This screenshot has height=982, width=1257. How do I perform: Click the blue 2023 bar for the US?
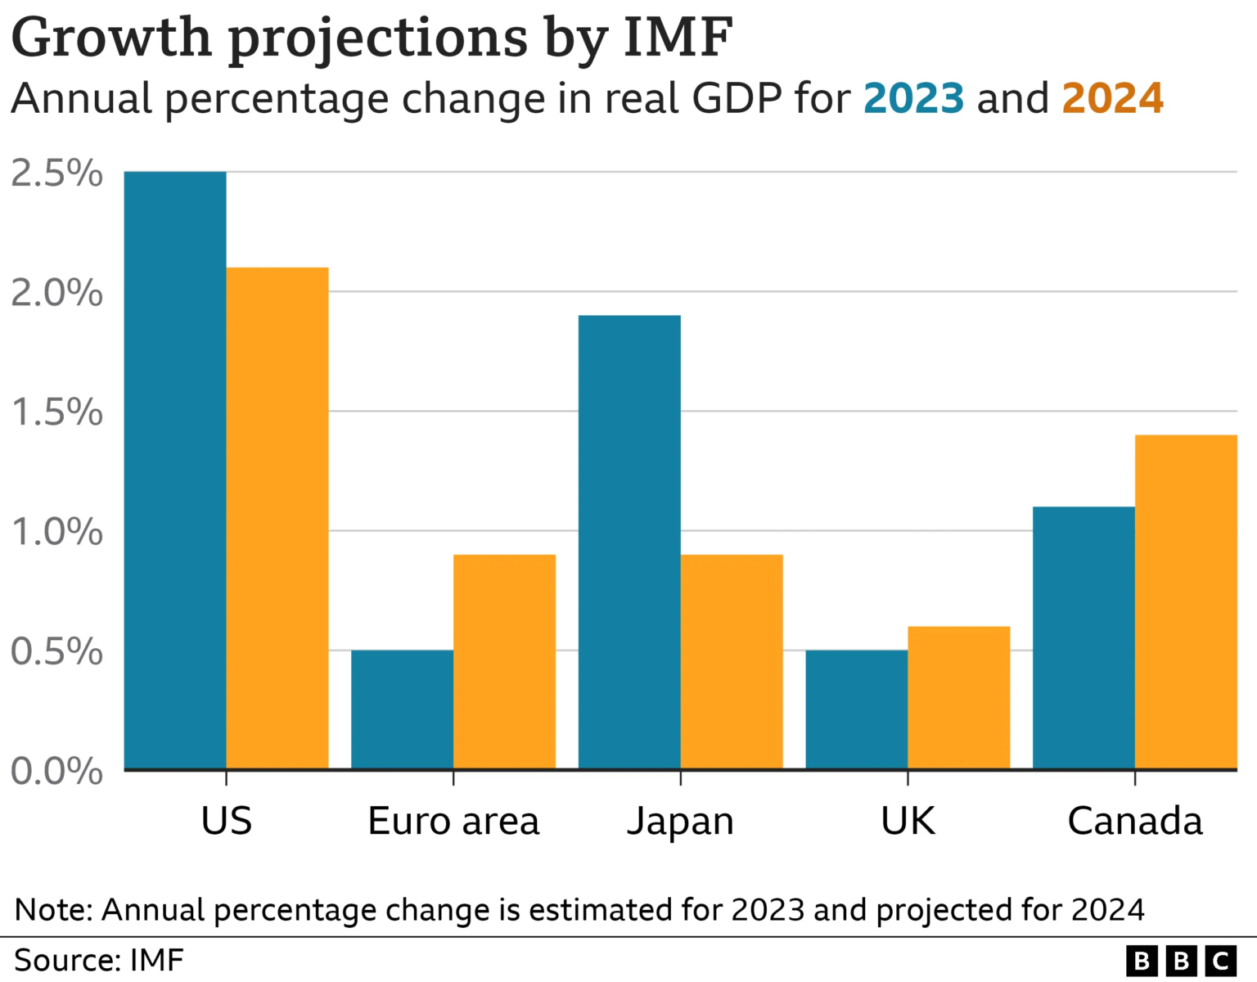(x=175, y=471)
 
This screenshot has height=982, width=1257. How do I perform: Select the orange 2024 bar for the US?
(x=277, y=518)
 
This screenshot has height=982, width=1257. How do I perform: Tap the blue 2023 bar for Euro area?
(x=402, y=709)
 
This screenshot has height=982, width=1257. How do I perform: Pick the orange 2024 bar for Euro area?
(x=504, y=661)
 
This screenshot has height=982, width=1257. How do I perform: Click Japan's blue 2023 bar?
(x=629, y=542)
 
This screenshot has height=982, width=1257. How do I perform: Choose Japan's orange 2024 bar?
(x=732, y=661)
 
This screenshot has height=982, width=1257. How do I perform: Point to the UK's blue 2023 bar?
(x=856, y=709)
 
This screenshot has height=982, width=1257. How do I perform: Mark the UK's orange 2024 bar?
(x=958, y=697)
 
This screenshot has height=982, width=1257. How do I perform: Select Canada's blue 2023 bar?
(x=1084, y=637)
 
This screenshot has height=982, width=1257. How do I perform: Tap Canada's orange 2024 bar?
(x=1186, y=601)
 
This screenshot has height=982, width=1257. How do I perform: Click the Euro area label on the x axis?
(x=453, y=821)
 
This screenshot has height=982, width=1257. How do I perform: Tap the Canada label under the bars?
(x=1135, y=821)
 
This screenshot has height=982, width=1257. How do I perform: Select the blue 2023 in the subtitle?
(x=913, y=98)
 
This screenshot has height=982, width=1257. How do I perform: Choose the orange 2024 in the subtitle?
(x=1112, y=98)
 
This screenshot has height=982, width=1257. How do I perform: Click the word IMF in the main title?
(x=678, y=37)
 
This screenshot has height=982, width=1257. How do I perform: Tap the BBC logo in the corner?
(x=1181, y=961)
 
